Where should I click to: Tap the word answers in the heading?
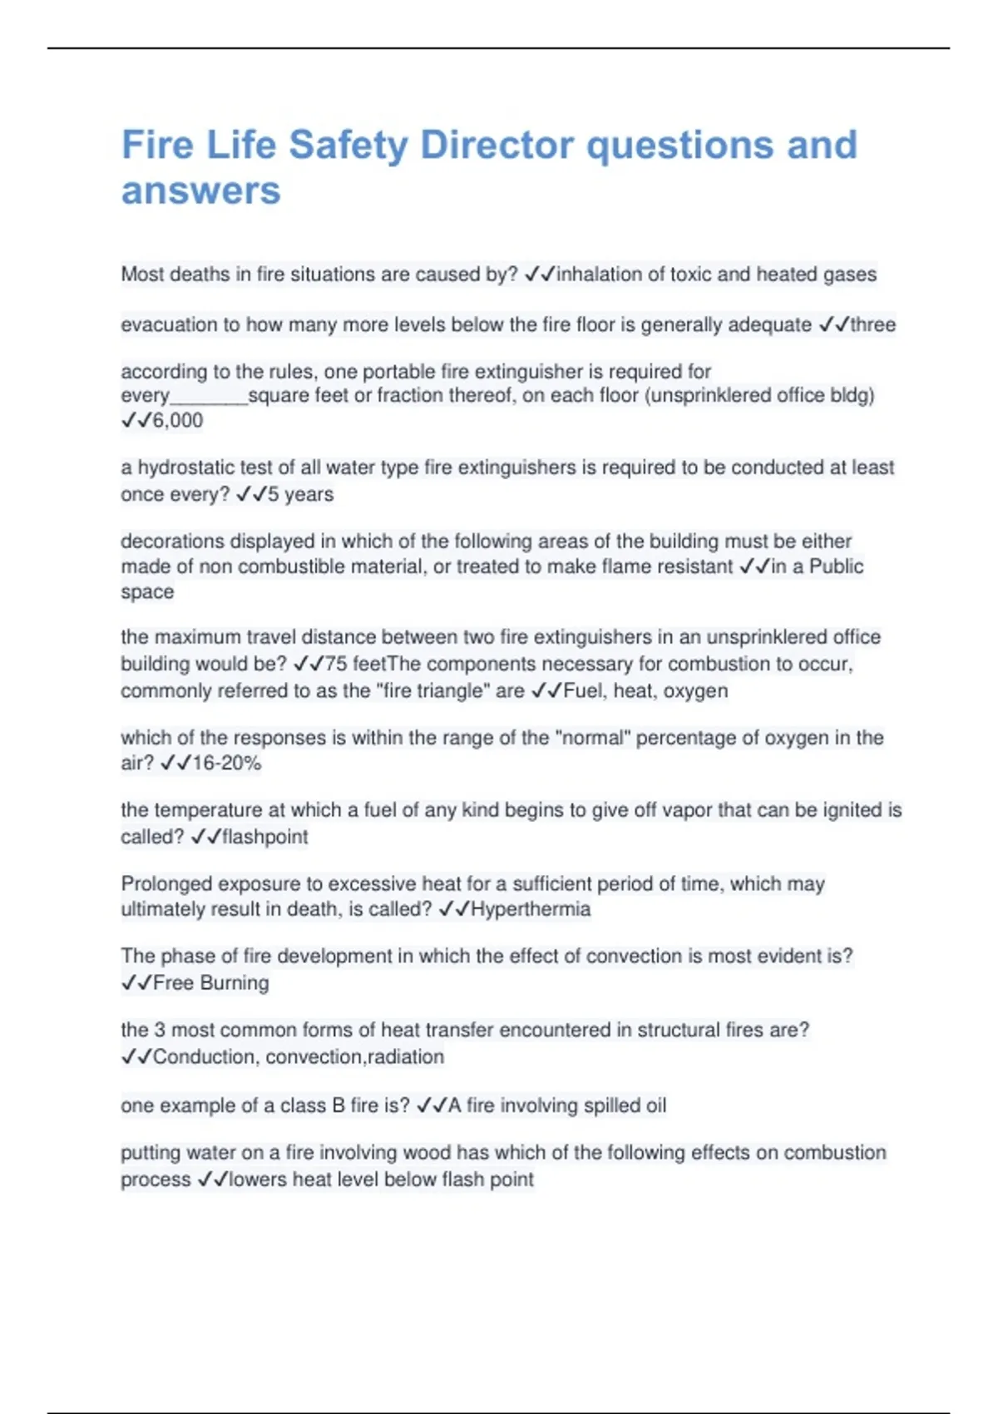201,190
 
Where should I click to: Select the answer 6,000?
178,420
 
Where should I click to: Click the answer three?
872,324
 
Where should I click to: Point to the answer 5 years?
300,494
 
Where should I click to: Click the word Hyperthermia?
531,909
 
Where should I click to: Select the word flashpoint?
265,837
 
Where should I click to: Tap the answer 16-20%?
226,763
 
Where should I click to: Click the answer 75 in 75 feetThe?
336,664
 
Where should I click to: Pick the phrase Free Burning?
211,983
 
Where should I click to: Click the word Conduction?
204,1056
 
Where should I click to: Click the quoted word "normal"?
592,737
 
